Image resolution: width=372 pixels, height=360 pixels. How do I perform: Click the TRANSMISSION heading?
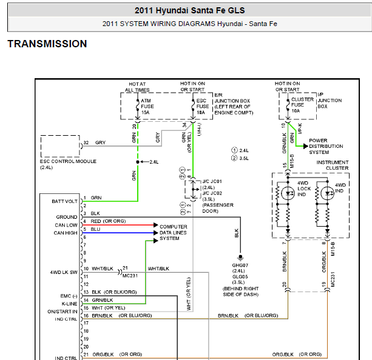(x=47, y=44)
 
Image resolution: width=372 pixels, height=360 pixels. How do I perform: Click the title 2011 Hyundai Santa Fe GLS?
(x=189, y=10)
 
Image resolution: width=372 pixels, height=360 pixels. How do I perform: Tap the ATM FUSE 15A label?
(x=147, y=107)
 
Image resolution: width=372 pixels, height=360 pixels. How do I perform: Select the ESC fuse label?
(x=202, y=107)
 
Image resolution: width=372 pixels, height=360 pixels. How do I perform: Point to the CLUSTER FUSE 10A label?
(x=302, y=105)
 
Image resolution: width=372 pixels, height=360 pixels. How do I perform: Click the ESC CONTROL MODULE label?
(x=68, y=164)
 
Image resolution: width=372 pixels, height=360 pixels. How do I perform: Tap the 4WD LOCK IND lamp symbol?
(x=288, y=193)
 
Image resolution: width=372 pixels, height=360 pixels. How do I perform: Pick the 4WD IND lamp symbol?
(x=328, y=193)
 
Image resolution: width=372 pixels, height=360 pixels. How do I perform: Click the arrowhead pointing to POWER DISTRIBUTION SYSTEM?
(x=306, y=146)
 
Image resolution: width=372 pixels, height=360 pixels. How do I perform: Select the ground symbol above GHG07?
(x=240, y=258)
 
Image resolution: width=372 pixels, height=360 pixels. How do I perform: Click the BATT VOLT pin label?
(x=64, y=201)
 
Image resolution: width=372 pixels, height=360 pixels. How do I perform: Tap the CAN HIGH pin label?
(x=66, y=233)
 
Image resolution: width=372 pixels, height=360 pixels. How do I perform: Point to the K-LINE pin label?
(x=69, y=304)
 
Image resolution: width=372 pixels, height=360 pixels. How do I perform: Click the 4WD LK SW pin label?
(x=64, y=272)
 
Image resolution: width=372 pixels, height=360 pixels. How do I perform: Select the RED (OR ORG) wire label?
(x=108, y=221)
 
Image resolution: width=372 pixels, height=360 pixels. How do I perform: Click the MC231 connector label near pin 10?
(x=130, y=276)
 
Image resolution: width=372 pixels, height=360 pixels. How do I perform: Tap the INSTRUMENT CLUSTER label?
(x=333, y=165)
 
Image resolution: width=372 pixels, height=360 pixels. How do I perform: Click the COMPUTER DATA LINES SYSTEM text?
(x=173, y=233)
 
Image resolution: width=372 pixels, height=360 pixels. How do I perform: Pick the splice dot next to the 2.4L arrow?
(x=138, y=162)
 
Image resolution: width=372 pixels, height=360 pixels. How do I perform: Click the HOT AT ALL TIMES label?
(x=137, y=87)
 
